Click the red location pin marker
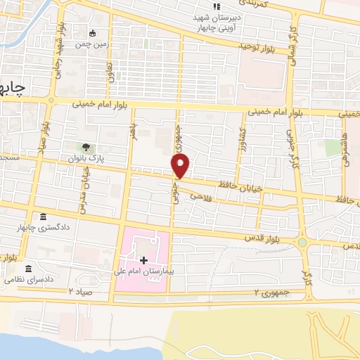[181, 166]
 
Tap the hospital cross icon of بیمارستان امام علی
[144, 260]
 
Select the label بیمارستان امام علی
[143, 271]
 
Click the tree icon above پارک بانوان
[86, 148]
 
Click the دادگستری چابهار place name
[44, 229]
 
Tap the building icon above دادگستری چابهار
[44, 217]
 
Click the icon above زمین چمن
[94, 32]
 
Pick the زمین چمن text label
[94, 43]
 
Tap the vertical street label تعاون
[110, 71]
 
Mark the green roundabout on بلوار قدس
[302, 243]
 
